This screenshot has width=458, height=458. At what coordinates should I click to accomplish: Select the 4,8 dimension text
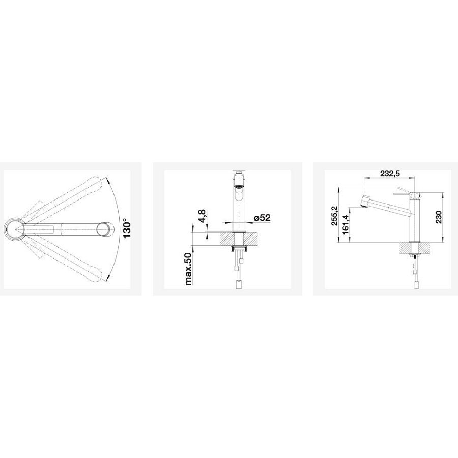[203, 217]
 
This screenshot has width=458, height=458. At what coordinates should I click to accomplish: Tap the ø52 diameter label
[262, 218]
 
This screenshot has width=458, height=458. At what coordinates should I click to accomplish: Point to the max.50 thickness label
[189, 269]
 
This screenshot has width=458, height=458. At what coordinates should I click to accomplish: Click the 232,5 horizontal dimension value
[390, 173]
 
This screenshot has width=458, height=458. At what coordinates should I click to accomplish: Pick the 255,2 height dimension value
[334, 216]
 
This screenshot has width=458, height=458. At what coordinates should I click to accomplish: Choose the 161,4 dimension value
[346, 224]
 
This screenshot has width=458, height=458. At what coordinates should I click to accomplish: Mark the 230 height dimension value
[439, 217]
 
